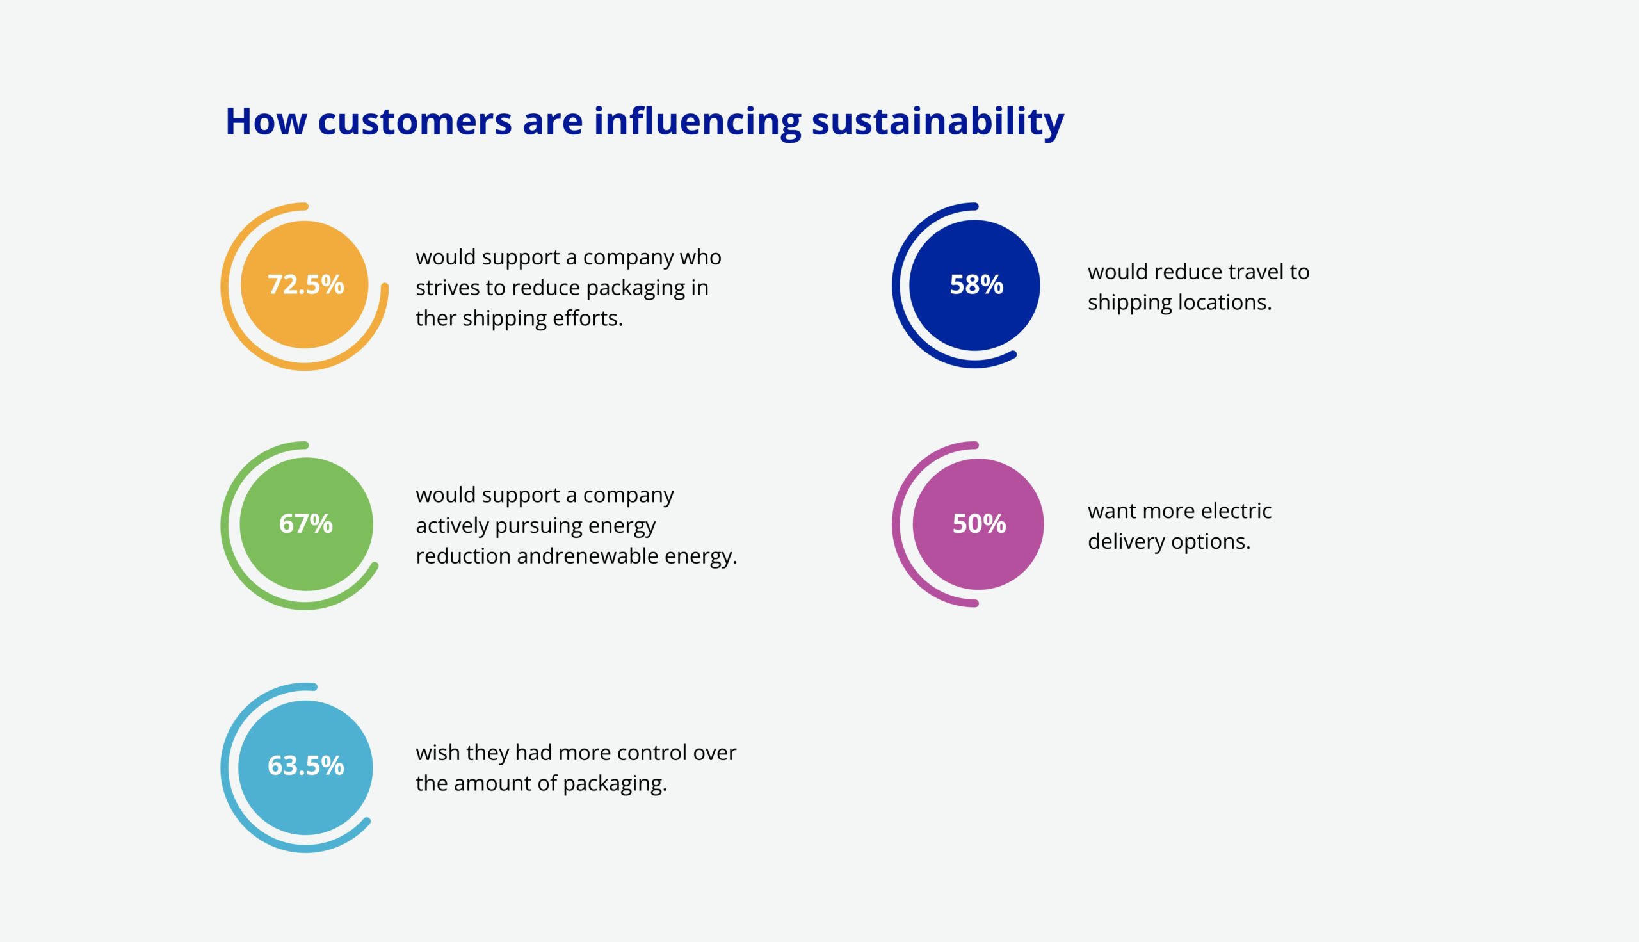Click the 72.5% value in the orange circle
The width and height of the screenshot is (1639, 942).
(x=305, y=285)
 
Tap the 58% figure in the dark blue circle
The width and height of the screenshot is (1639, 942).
(x=976, y=285)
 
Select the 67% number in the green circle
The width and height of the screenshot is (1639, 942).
(x=305, y=523)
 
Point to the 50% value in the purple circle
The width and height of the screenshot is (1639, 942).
(x=979, y=523)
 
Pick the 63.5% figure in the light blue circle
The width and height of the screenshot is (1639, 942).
(x=305, y=765)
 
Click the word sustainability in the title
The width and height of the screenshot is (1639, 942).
(x=938, y=121)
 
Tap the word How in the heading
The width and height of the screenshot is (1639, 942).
(x=266, y=121)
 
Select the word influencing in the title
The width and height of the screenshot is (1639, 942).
(x=697, y=121)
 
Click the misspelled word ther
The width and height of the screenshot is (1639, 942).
(x=436, y=318)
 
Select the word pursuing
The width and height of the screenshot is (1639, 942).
(x=535, y=526)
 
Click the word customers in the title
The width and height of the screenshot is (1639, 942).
(x=415, y=122)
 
